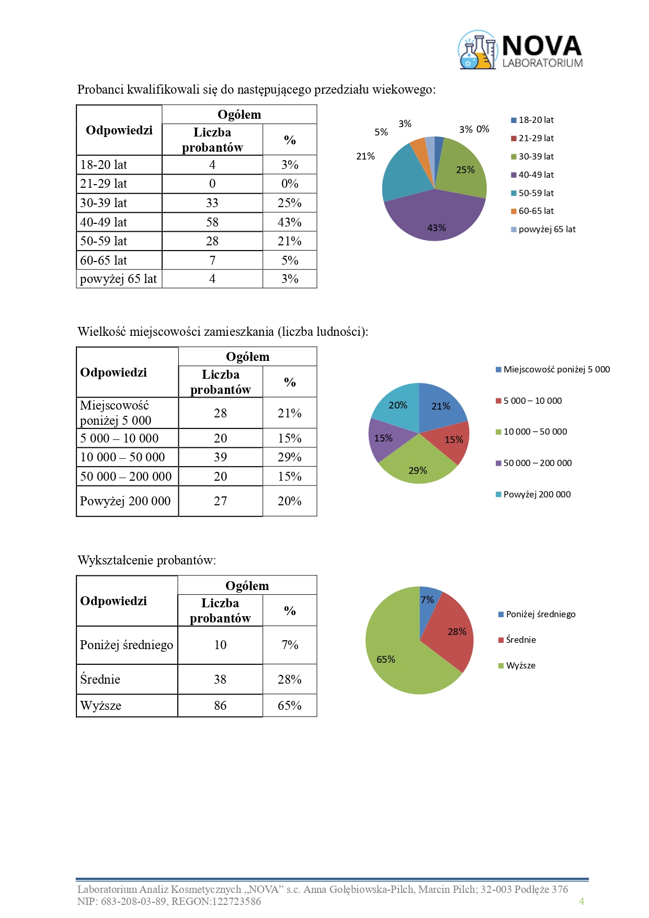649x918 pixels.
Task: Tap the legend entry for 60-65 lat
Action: click(x=536, y=211)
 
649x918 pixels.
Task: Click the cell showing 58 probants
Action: click(x=212, y=222)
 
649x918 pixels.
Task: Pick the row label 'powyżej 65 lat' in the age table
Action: click(x=119, y=279)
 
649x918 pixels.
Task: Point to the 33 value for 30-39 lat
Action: click(x=212, y=203)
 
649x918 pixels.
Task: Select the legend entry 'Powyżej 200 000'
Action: click(x=537, y=495)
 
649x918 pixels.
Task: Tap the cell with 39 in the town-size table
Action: click(x=221, y=457)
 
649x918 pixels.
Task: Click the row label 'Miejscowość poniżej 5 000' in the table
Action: click(x=115, y=413)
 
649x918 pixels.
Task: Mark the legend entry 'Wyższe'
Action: click(x=520, y=666)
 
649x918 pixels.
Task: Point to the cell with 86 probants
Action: click(x=220, y=706)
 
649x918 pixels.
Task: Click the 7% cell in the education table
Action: click(x=290, y=645)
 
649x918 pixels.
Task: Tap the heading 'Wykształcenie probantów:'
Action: click(x=147, y=561)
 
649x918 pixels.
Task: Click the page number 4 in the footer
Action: click(x=581, y=901)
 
